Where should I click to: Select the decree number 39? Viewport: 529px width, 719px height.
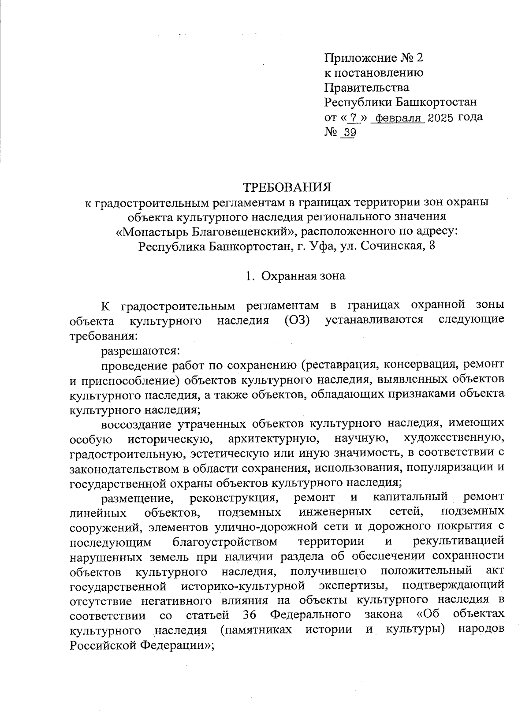tap(349, 133)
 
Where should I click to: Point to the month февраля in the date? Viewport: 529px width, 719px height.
tap(397, 118)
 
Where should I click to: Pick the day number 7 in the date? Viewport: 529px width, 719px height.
tap(352, 118)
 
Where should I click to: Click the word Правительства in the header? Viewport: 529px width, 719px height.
tap(366, 87)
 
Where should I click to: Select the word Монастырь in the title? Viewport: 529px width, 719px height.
tap(152, 231)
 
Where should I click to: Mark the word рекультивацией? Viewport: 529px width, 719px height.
tap(459, 541)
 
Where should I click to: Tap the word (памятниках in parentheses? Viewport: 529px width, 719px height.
tap(256, 630)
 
